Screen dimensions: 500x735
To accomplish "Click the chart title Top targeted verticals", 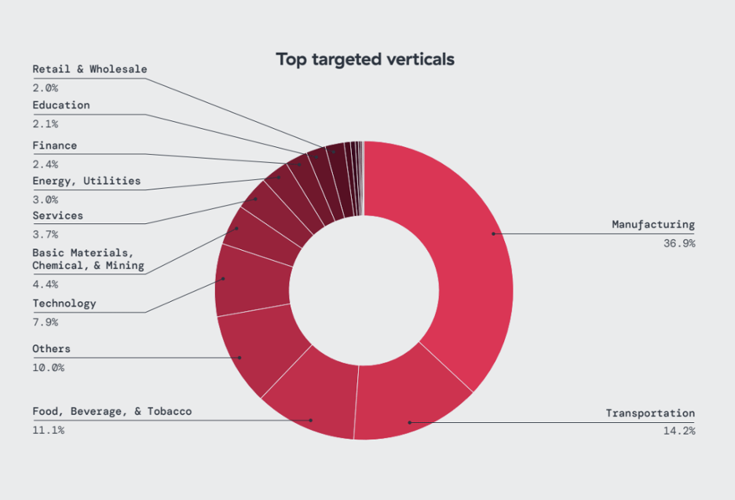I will pos(365,59).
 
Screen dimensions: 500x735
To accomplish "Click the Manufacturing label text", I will pos(653,225).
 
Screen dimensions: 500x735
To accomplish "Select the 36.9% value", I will pos(678,244).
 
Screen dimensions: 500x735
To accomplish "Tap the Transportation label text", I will pos(650,413).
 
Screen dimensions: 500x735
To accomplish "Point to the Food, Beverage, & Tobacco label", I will pos(112,411).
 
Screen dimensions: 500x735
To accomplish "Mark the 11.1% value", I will pos(48,430).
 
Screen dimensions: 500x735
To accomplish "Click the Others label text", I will pos(51,348).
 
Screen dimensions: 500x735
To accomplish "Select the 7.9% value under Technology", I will pos(45,322).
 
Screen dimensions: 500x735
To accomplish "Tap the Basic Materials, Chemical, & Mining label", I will pos(88,259).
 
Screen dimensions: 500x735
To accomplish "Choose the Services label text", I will pos(57,215).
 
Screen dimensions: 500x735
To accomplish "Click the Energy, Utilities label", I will pos(86,181).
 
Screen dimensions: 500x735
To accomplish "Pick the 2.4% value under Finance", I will pos(45,164).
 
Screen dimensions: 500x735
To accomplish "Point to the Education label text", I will pos(61,105).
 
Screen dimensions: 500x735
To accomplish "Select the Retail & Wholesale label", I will pos(90,69).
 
